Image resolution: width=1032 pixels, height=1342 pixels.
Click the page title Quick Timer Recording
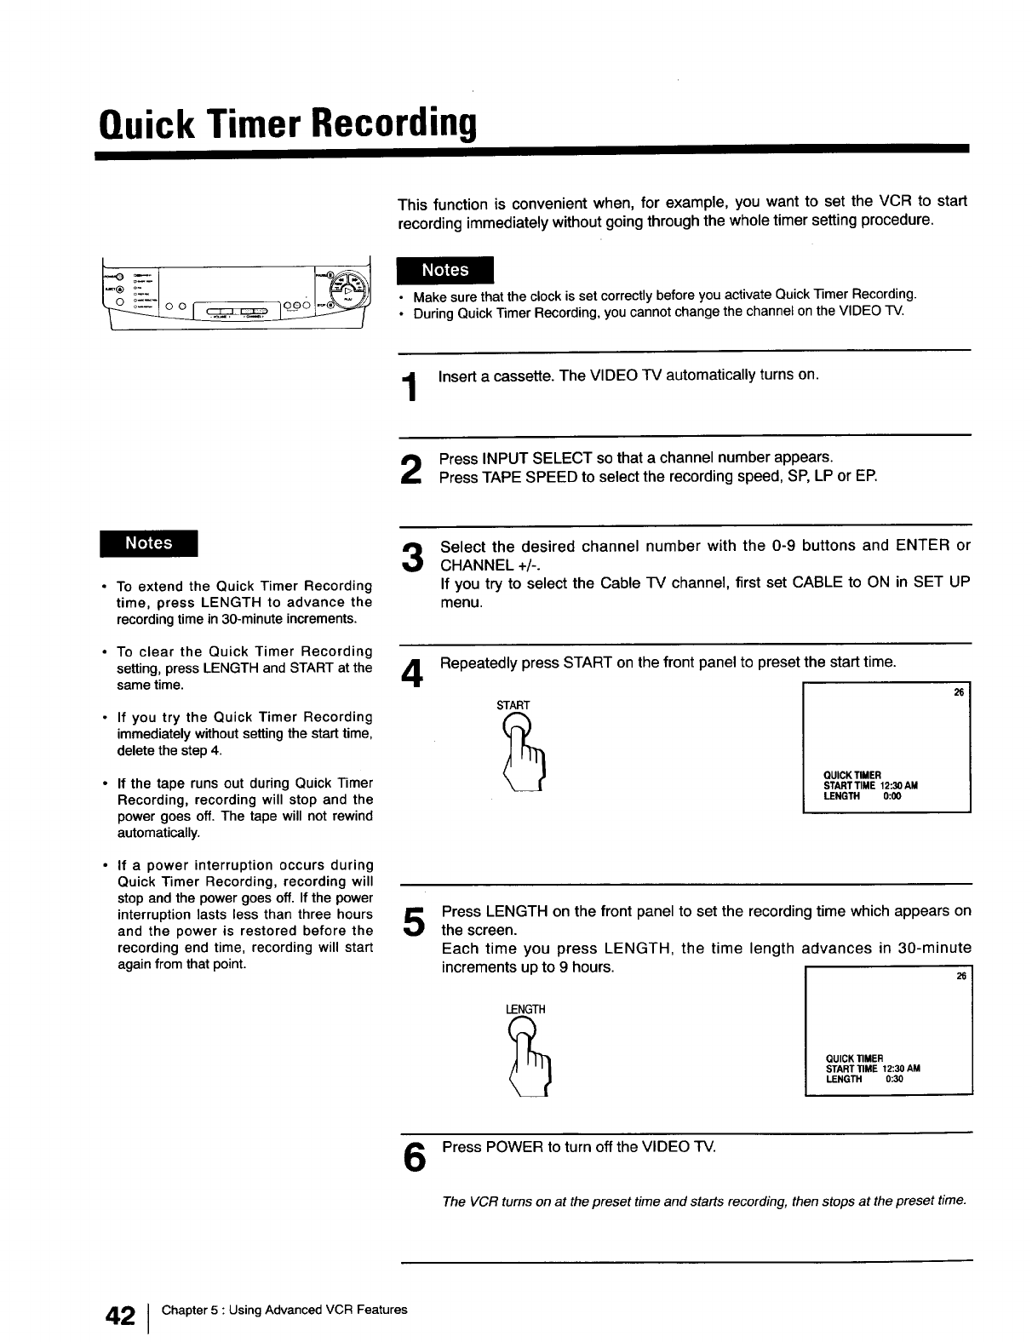point(286,125)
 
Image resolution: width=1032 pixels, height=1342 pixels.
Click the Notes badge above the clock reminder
point(445,270)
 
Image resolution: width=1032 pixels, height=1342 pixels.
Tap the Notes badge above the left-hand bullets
point(148,543)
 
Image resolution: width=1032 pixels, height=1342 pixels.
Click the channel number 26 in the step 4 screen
point(957,693)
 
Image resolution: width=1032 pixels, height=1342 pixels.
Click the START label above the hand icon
point(513,705)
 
